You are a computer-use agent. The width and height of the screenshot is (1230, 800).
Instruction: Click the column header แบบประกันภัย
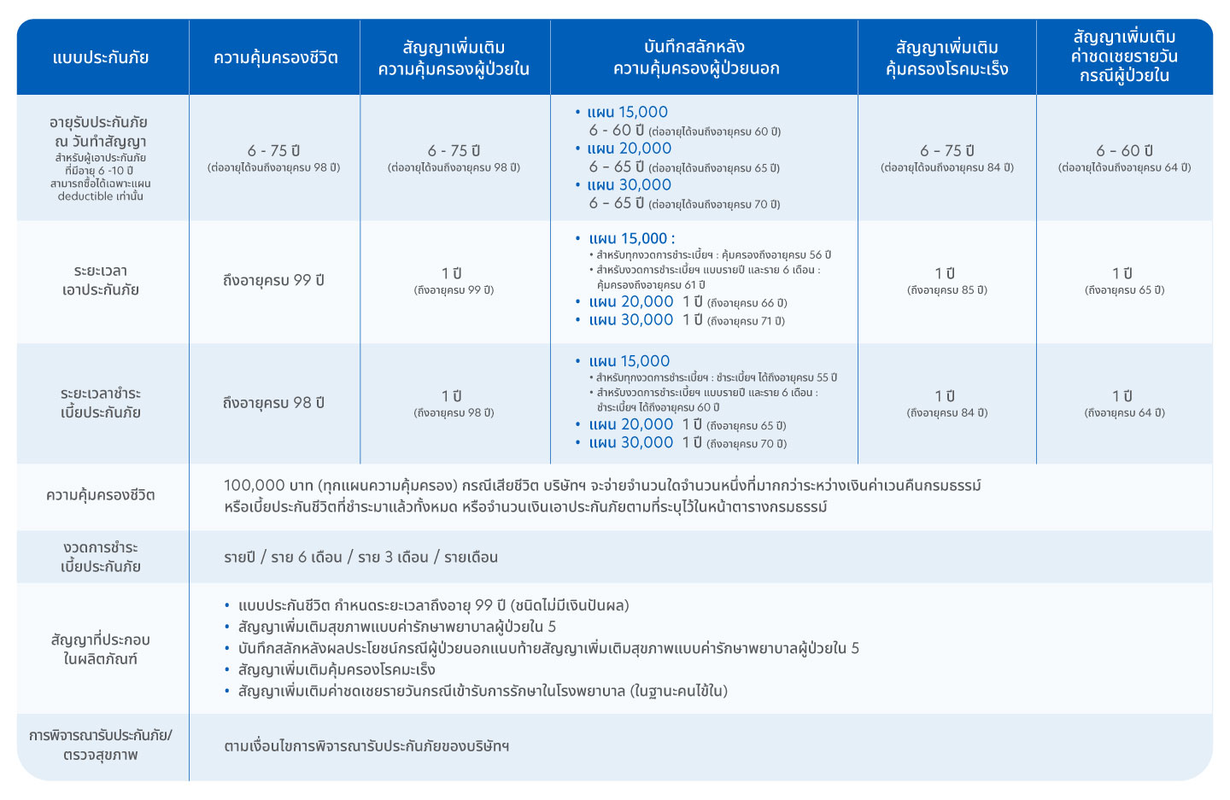[101, 58]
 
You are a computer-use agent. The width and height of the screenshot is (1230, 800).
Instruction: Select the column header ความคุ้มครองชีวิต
[275, 58]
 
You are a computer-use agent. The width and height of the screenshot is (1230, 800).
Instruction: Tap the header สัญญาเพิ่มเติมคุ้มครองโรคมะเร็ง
[946, 58]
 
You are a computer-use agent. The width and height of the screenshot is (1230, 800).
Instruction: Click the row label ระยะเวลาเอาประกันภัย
[101, 280]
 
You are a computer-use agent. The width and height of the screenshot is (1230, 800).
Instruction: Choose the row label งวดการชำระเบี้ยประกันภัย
[101, 557]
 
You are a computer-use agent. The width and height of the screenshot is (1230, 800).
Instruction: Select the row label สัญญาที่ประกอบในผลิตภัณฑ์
[101, 649]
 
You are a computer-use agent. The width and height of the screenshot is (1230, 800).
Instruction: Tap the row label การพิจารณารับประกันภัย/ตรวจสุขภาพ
[101, 745]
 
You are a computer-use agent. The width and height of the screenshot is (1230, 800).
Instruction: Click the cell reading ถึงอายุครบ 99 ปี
[273, 280]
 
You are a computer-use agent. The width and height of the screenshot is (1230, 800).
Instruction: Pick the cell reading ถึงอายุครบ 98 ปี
[273, 403]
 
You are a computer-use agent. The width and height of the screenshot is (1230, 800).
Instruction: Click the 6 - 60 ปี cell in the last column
[1124, 151]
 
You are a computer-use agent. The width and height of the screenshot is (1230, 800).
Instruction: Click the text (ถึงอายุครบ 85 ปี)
[946, 290]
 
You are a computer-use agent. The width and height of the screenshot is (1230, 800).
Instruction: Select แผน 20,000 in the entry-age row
[629, 149]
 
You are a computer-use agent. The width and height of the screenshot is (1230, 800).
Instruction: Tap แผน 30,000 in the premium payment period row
[630, 442]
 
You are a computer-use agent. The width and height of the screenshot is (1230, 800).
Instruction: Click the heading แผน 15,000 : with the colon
[631, 238]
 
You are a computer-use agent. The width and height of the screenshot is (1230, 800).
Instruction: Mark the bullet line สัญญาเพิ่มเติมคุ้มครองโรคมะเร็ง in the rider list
[337, 669]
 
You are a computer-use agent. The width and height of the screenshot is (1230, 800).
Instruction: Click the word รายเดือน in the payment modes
[471, 558]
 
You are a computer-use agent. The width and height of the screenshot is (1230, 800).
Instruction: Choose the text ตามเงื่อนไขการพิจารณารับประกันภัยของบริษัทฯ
[366, 745]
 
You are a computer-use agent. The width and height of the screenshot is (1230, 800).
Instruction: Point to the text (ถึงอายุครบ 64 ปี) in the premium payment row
[1124, 413]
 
